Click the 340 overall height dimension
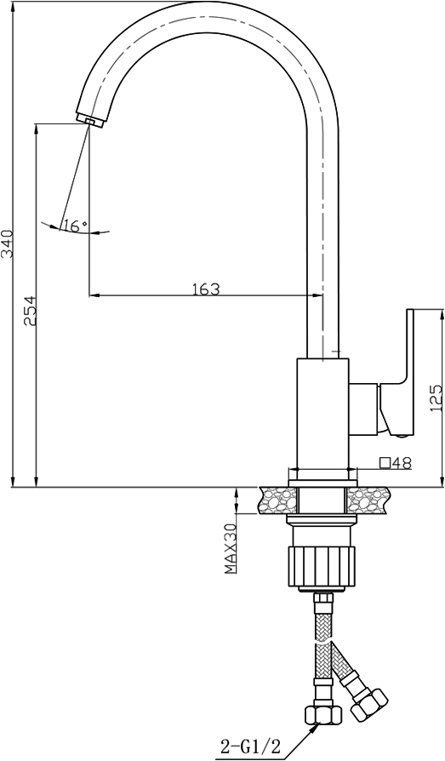click(x=9, y=243)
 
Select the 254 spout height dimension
click(x=30, y=310)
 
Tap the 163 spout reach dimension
click(x=206, y=289)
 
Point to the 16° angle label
click(x=75, y=226)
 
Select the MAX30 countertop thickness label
click(x=230, y=549)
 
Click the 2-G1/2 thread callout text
click(x=251, y=745)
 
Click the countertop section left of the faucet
click(x=278, y=501)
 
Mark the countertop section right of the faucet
click(x=368, y=501)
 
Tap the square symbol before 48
click(x=385, y=463)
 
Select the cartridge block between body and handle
click(x=363, y=408)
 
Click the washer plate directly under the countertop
click(x=322, y=519)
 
